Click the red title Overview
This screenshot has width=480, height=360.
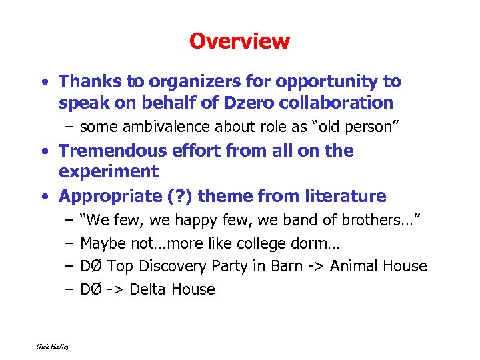pos(239,41)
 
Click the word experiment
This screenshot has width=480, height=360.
pos(109,172)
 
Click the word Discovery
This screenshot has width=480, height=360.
pos(175,266)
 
